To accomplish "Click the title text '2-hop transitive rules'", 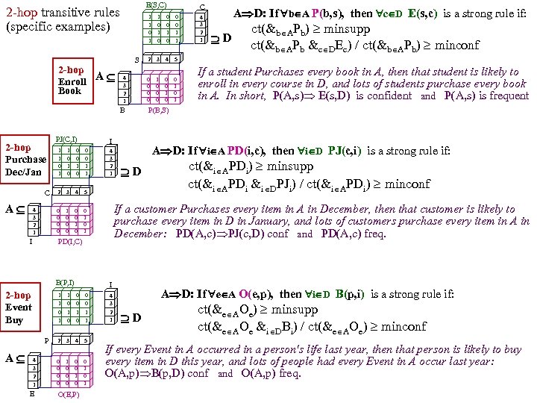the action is tap(63, 12).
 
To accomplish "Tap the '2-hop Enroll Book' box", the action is tap(72, 81).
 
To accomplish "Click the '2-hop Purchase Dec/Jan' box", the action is tap(25, 160).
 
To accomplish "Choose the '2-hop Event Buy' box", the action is tap(19, 307).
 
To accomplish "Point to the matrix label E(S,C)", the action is tap(157, 5).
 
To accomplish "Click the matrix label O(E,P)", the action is tap(69, 393).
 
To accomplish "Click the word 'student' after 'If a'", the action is tap(234, 72).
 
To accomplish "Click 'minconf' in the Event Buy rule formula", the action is tap(403, 326).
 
